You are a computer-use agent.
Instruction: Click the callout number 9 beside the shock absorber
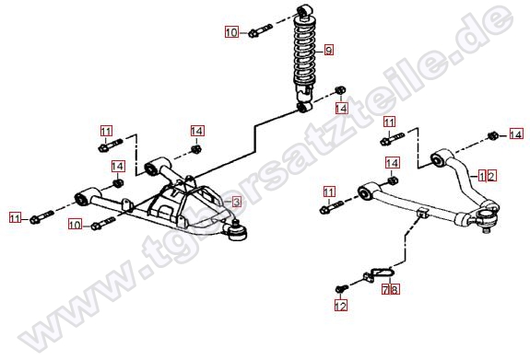328,50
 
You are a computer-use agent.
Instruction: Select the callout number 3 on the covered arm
236,202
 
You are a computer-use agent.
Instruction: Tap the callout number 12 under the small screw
341,306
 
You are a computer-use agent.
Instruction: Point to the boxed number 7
386,289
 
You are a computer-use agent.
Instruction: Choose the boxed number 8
395,289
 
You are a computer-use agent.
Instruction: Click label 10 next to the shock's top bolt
231,32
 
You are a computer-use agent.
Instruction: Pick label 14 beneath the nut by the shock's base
341,108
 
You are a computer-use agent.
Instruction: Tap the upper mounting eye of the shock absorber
304,10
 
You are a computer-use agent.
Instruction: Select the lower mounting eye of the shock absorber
304,108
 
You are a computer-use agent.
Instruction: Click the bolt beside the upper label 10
260,30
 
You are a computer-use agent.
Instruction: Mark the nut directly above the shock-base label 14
340,90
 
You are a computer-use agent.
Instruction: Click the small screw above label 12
342,289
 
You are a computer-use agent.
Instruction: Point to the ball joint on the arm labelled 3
237,231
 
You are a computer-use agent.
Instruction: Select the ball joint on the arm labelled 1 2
487,218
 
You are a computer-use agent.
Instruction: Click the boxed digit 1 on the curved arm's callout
482,176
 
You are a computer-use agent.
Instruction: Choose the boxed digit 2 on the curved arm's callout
491,176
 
